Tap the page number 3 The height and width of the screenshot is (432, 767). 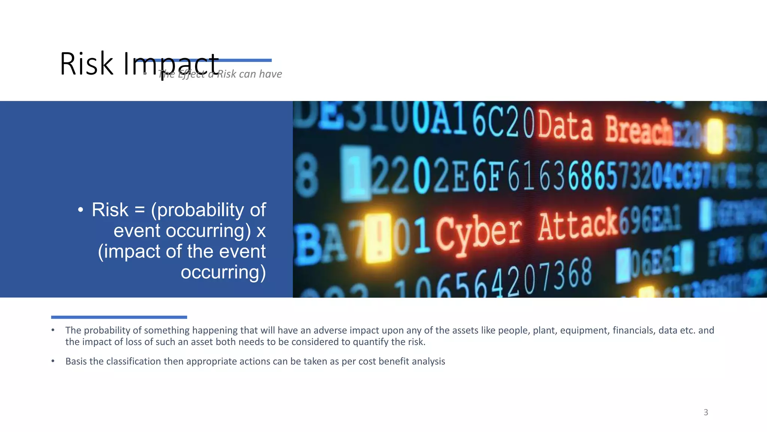tap(706, 412)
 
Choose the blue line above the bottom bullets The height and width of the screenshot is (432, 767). tap(119, 317)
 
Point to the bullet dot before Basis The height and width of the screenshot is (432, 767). tap(53, 361)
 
